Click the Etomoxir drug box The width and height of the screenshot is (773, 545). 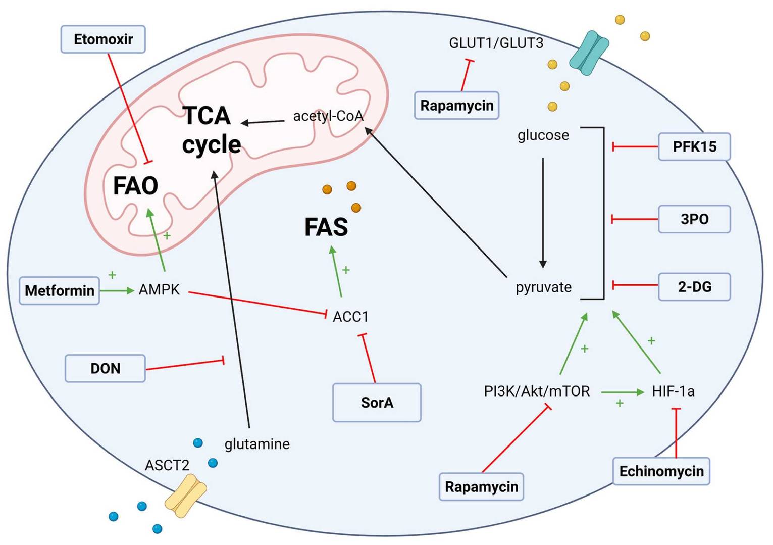click(103, 39)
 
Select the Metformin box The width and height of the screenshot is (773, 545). click(60, 290)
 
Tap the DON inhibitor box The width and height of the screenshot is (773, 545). click(105, 368)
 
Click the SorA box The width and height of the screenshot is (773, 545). click(377, 403)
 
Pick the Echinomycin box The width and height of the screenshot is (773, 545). click(661, 471)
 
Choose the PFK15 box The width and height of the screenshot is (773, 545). click(694, 147)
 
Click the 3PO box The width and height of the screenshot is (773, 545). click(694, 219)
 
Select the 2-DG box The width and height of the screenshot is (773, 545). click(694, 287)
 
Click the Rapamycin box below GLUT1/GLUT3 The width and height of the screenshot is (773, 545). click(456, 106)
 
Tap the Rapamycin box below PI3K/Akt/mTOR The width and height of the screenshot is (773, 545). click(481, 487)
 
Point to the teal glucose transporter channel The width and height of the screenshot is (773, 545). click(589, 53)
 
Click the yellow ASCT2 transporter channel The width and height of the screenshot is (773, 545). click(186, 499)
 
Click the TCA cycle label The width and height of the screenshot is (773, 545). click(211, 130)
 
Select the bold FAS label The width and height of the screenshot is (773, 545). click(326, 227)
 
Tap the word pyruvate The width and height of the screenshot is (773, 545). click(543, 287)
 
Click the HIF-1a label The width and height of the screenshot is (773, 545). click(673, 391)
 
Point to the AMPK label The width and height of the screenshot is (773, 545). click(159, 290)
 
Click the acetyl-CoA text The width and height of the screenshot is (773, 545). click(328, 116)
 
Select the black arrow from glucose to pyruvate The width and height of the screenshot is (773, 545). click(543, 212)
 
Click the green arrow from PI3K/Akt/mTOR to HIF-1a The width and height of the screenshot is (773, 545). click(622, 392)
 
